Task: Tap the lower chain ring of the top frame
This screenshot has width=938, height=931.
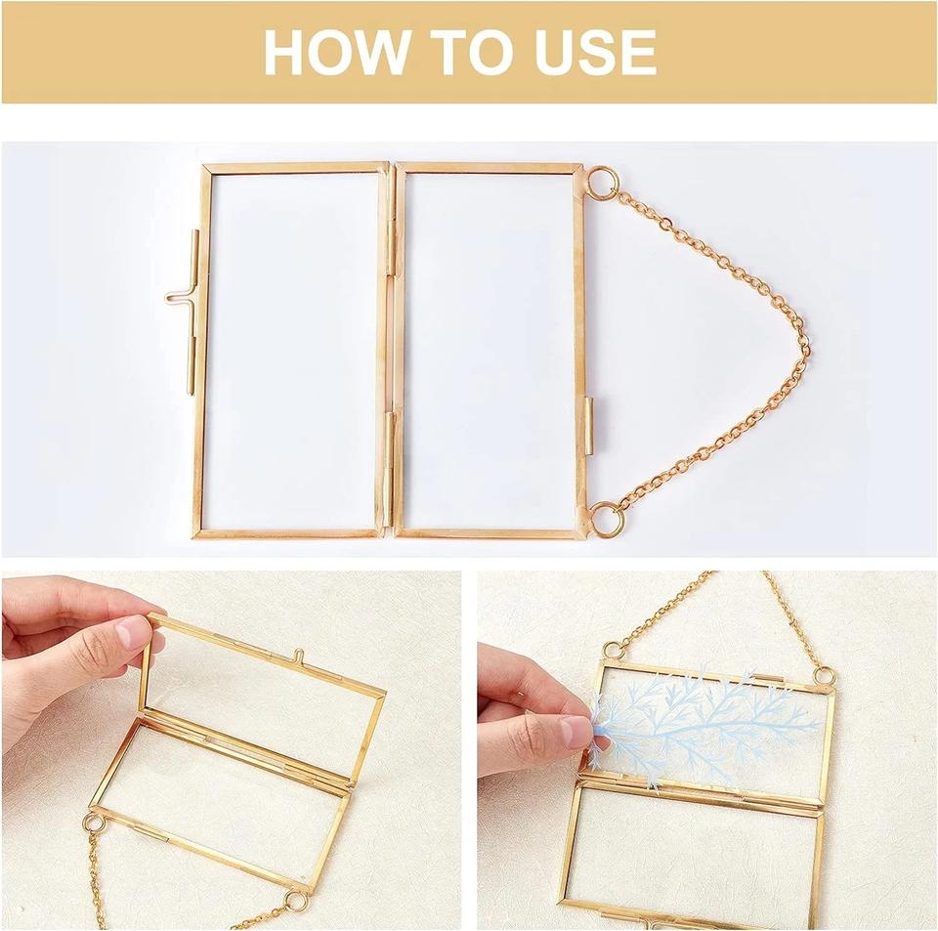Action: (x=606, y=519)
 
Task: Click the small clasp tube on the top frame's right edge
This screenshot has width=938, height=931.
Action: (x=589, y=427)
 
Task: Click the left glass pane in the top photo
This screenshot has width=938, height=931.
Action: (x=294, y=351)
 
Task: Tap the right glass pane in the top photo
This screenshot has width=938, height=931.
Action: (x=490, y=351)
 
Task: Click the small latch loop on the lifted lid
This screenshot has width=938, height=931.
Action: (x=298, y=655)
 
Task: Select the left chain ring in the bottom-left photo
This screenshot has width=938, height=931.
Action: (x=94, y=824)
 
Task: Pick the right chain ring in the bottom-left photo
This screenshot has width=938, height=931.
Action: (x=295, y=901)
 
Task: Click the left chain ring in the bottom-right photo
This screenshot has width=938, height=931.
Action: (x=614, y=650)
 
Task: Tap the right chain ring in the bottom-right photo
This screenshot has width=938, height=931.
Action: (x=826, y=676)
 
